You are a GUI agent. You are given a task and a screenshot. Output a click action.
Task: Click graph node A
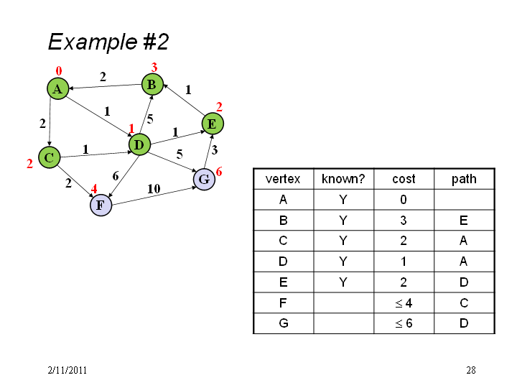(57, 88)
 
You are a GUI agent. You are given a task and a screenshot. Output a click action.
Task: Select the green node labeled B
(152, 85)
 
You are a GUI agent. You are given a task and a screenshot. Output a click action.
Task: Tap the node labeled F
(101, 205)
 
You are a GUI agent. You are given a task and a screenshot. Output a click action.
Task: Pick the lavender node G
(204, 179)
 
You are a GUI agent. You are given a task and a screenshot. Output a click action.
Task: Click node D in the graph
(139, 144)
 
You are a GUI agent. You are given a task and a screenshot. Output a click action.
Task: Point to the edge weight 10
(154, 189)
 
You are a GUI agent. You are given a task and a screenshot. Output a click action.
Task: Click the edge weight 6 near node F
(116, 176)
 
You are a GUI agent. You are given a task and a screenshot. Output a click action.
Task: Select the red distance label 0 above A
(59, 70)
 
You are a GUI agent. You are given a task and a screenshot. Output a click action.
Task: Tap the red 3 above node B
(154, 68)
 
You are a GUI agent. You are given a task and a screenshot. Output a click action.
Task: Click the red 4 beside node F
(94, 189)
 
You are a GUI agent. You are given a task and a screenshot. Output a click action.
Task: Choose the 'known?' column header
(343, 179)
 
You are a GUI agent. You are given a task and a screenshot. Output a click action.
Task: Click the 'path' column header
(464, 179)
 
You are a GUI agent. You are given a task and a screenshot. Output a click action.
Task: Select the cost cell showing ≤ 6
(404, 323)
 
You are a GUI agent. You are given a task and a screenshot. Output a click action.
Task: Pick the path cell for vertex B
(464, 220)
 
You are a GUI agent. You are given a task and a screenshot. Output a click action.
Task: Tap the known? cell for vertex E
(343, 282)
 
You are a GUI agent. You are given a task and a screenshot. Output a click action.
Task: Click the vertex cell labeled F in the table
(283, 303)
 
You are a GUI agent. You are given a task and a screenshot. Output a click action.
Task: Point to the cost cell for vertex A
(404, 200)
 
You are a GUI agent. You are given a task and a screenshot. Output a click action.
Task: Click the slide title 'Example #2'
(108, 42)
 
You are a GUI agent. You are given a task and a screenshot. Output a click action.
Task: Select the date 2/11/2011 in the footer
(67, 370)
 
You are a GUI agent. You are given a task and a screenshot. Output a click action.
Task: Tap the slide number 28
(471, 370)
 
